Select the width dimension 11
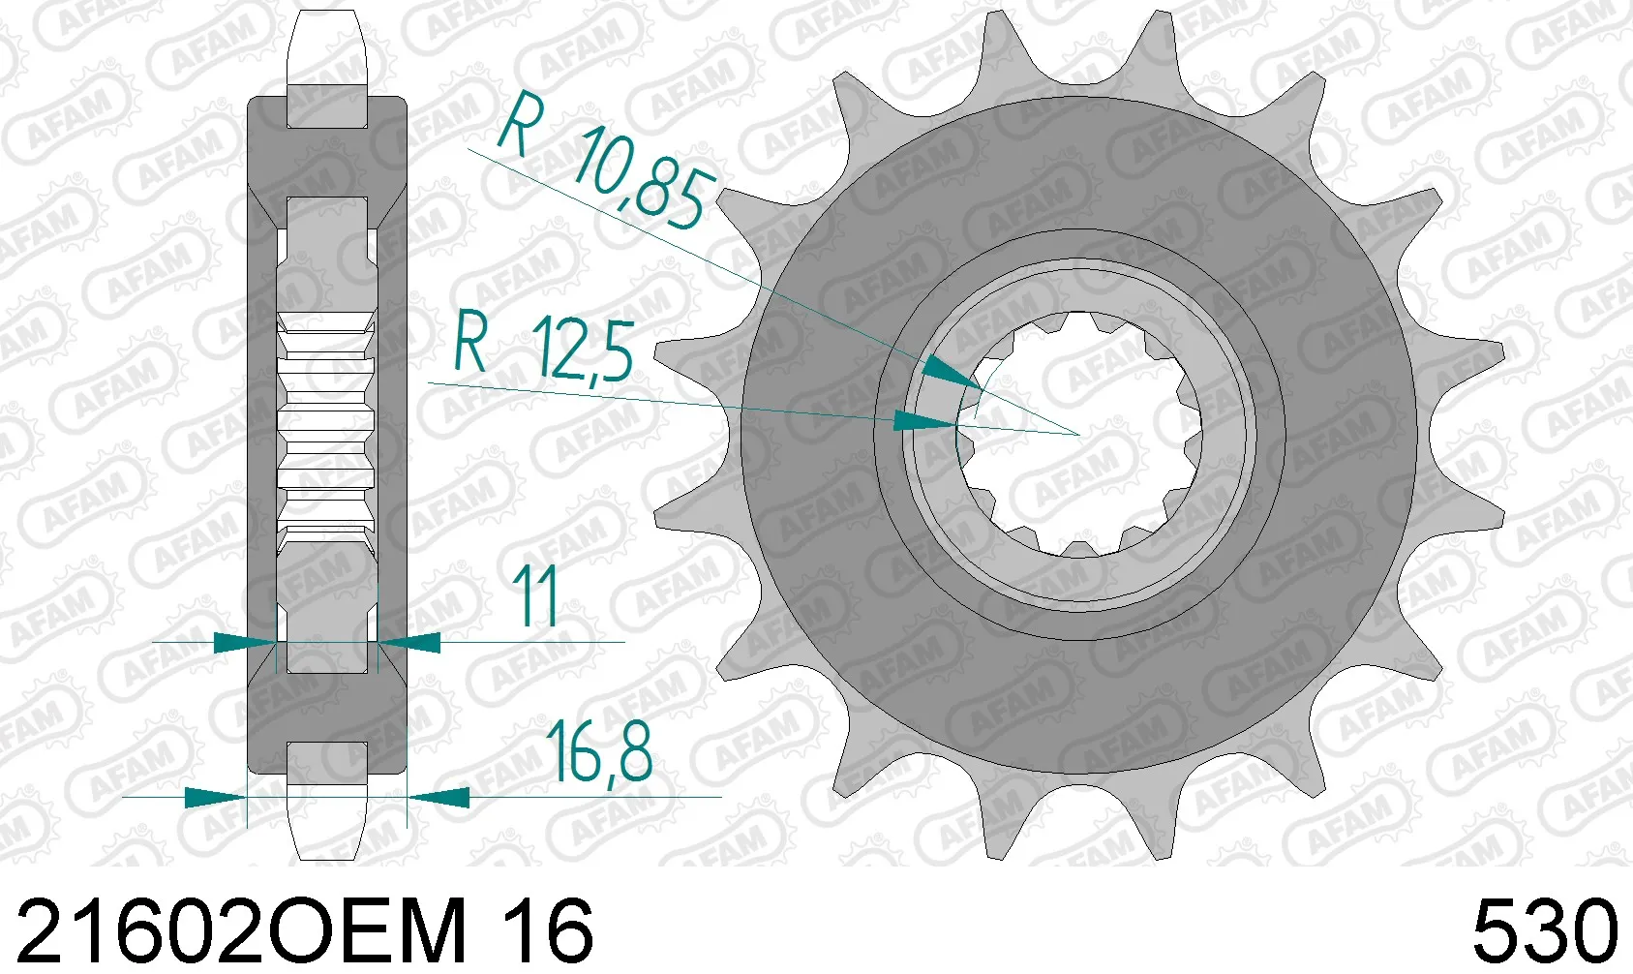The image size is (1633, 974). [534, 594]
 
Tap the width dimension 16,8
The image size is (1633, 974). [599, 753]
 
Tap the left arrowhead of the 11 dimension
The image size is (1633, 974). [242, 641]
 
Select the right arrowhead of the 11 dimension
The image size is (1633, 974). [411, 641]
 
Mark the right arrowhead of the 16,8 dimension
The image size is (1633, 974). [440, 798]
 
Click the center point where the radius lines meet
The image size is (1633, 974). [1078, 435]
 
